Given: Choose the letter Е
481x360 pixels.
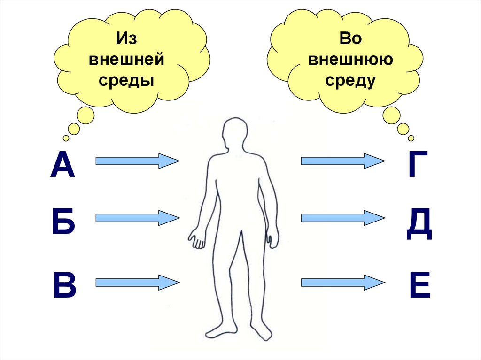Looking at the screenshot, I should coord(419,283).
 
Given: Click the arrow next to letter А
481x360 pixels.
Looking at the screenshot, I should coord(137,161).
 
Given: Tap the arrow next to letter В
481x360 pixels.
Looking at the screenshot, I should coord(137,282).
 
